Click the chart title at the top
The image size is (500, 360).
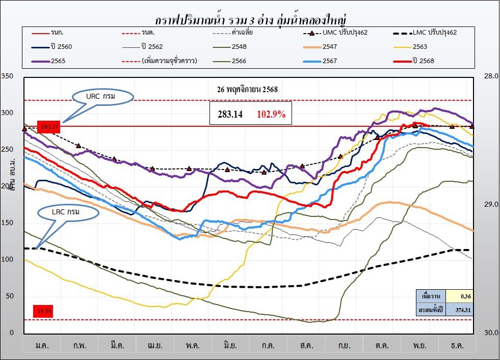click(x=250, y=21)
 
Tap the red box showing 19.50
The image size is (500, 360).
click(x=43, y=311)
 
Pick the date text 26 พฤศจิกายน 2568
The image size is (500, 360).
click(x=247, y=89)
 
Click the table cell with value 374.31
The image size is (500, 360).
click(x=460, y=309)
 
